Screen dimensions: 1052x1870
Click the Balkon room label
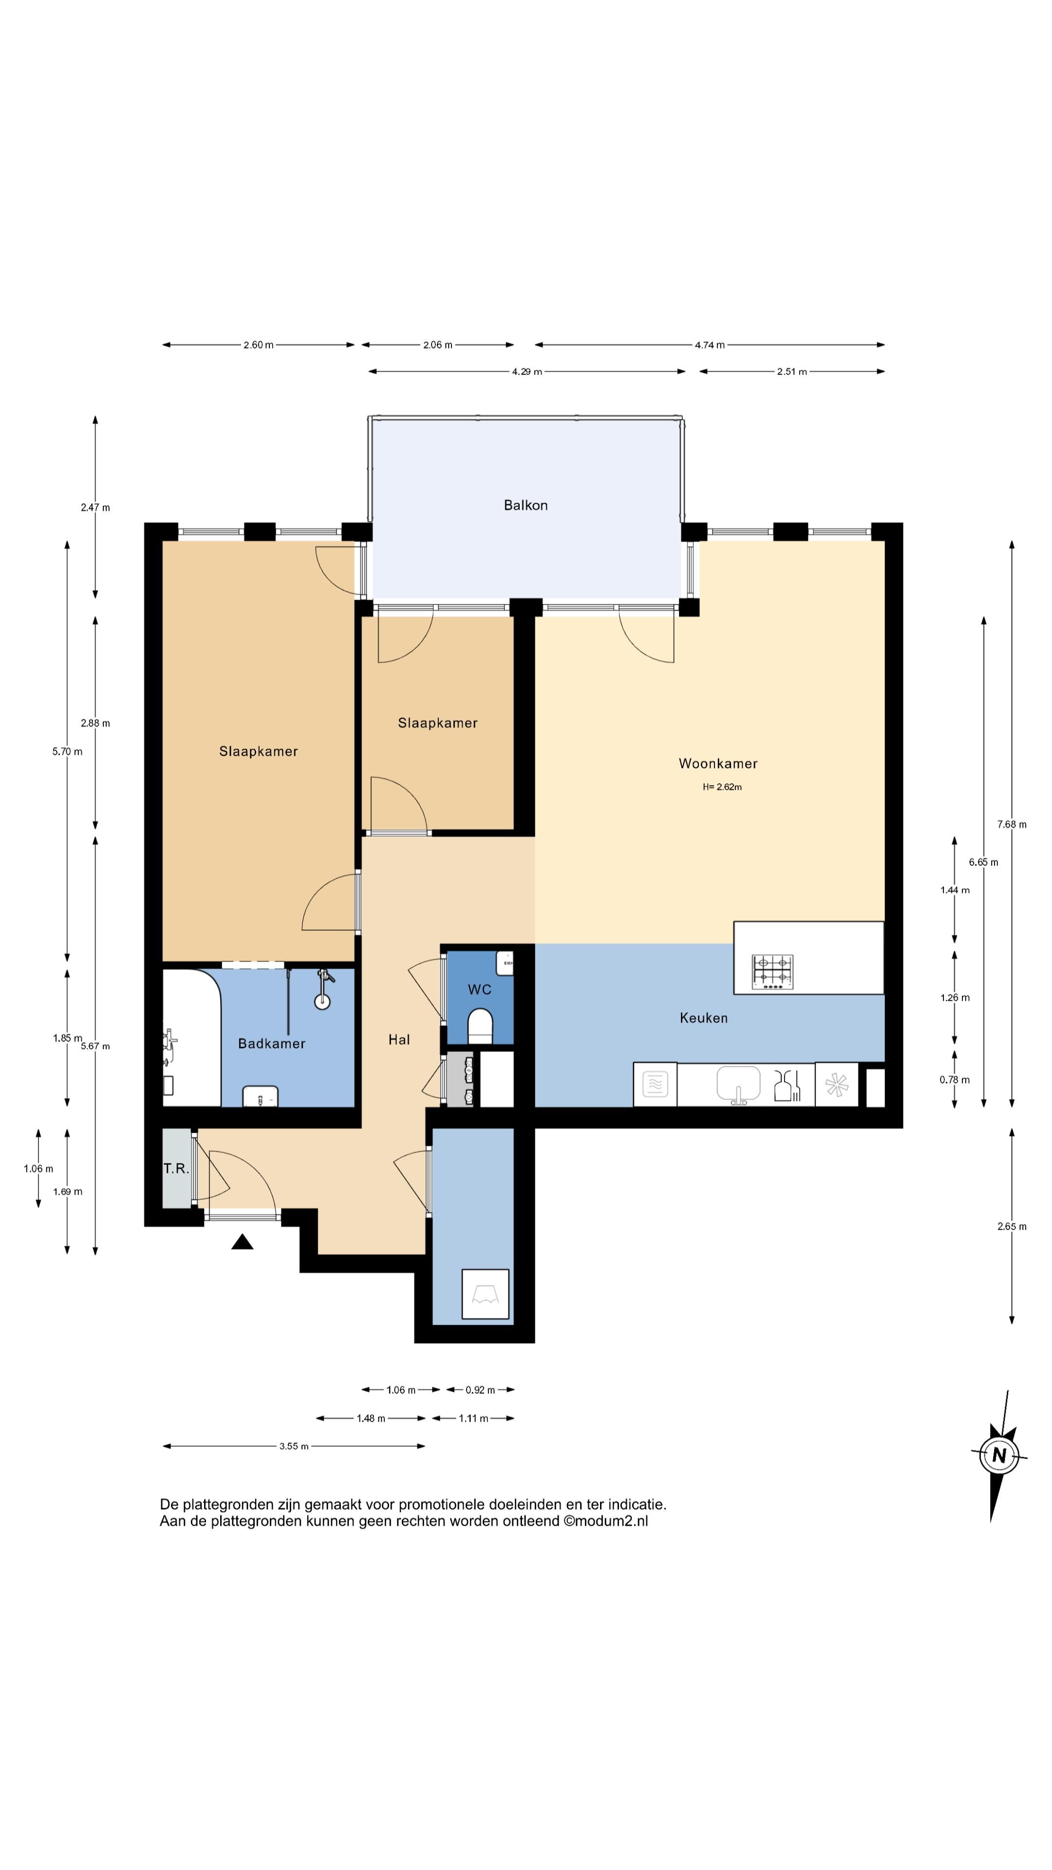point(526,505)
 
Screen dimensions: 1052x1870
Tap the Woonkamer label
point(718,764)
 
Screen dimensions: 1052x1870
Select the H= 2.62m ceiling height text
point(722,787)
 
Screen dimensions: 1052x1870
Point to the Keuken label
point(703,1018)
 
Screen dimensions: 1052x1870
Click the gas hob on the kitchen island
point(772,972)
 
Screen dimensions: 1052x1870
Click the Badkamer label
point(272,1043)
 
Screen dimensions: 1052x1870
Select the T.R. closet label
point(176,1169)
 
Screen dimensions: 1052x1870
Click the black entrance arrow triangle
point(243,1242)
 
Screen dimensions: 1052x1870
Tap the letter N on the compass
point(999,1455)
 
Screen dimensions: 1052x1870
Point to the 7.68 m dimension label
point(1012,824)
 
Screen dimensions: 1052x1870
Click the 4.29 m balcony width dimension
point(527,372)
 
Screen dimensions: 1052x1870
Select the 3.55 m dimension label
point(294,1446)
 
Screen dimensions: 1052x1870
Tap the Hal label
point(399,1040)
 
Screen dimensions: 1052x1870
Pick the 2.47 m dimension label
point(95,507)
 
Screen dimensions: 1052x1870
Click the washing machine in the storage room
point(486,1293)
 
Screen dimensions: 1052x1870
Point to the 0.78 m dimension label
point(954,1080)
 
